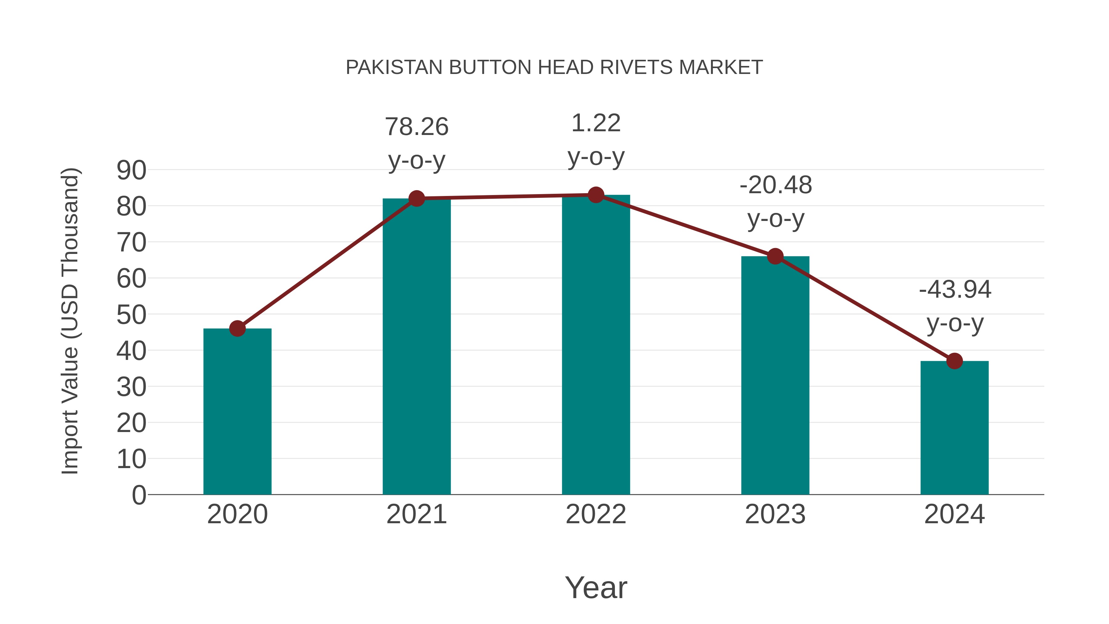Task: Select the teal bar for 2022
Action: [596, 345]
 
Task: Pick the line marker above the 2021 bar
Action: [416, 198]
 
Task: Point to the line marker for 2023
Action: [775, 257]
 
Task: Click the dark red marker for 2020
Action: [237, 328]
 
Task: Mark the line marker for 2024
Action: [954, 361]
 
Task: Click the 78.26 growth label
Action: [416, 127]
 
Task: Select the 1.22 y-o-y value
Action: [596, 123]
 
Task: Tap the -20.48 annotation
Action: [775, 185]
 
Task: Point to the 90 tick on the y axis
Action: [131, 170]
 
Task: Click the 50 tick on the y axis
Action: [131, 315]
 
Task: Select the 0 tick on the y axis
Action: [139, 495]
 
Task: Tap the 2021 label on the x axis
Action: [416, 514]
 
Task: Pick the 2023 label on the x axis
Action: [775, 514]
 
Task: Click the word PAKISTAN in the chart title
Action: [394, 67]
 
